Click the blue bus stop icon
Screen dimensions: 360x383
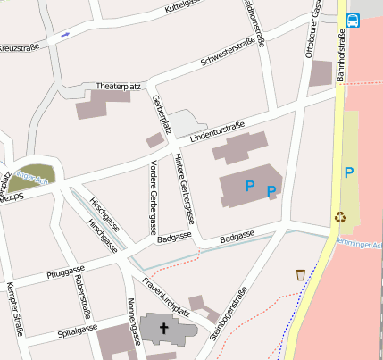click(x=353, y=20)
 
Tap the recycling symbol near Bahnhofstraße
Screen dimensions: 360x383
click(x=340, y=215)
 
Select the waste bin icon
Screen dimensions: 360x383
click(x=301, y=274)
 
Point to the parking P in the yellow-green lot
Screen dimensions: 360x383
click(x=349, y=172)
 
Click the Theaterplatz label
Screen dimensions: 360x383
click(x=119, y=86)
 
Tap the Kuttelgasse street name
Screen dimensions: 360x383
click(x=189, y=7)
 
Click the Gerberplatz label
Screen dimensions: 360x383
click(x=161, y=112)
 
